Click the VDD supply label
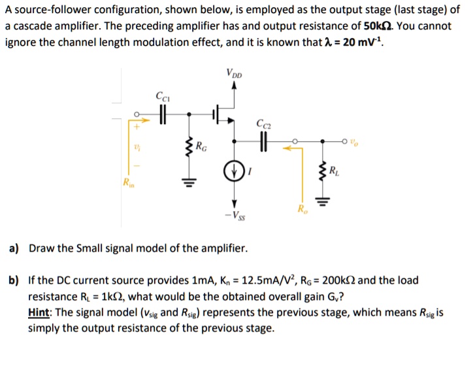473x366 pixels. point(234,72)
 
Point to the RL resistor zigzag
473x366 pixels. point(320,171)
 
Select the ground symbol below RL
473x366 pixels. point(320,200)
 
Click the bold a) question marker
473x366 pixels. point(13,248)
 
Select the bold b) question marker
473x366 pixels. point(13,281)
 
